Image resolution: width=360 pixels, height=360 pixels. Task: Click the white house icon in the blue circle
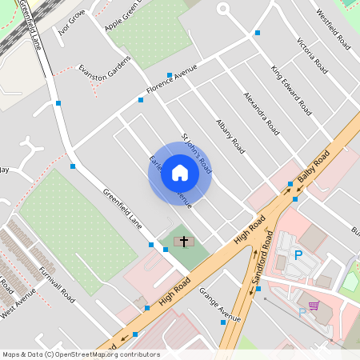coord(180,173)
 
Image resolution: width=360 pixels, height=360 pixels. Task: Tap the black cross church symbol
coord(184,240)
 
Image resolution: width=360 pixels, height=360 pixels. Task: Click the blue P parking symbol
coord(298,255)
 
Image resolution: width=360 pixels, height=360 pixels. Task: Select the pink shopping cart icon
coord(314,306)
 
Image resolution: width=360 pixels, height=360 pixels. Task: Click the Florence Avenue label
coord(171,80)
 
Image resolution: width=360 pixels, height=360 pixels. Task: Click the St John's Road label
coord(197,152)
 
